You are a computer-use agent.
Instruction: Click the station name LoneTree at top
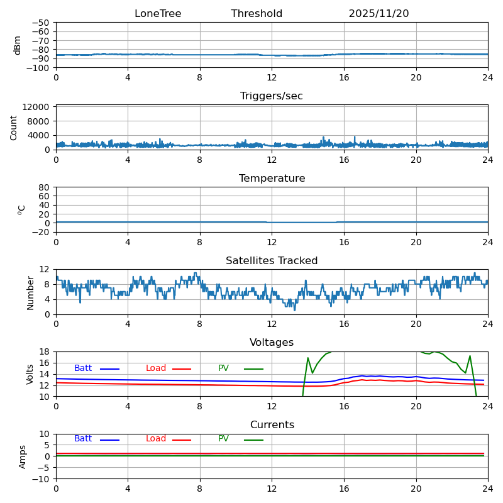pos(158,14)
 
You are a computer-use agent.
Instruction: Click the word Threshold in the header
pos(257,14)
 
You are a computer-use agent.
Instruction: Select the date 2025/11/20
pos(379,14)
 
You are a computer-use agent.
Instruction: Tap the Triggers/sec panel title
pos(272,96)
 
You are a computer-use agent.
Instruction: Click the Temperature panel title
pos(272,179)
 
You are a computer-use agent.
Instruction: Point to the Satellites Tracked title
pos(272,261)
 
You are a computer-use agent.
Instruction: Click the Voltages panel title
pos(272,343)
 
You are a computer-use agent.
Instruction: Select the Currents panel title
pos(272,425)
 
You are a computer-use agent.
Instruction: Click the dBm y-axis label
pos(18,45)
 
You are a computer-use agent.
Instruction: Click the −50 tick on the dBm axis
pos(41,23)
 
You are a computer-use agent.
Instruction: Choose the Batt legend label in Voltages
pos(83,368)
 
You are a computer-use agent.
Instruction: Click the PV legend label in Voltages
pos(223,368)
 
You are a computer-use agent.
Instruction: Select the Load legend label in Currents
pos(156,439)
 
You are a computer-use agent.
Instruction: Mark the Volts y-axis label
pos(30,373)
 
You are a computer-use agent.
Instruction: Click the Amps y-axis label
pos(23,456)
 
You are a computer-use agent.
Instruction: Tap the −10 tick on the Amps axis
pos(41,479)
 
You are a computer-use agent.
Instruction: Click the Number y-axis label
pos(30,292)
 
